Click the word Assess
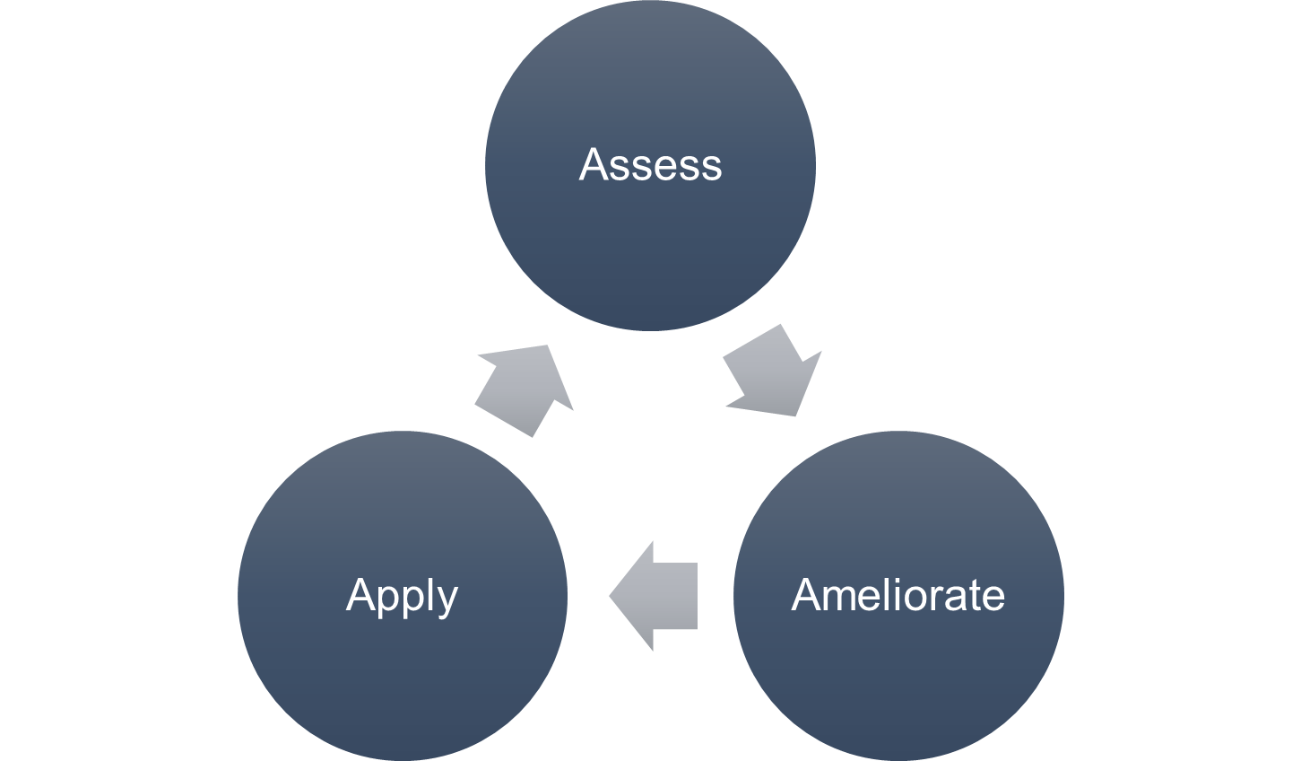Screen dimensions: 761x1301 [x=650, y=165]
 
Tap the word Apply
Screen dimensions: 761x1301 [x=402, y=596]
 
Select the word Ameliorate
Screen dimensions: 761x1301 [x=898, y=596]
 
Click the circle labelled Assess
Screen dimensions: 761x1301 [x=650, y=242]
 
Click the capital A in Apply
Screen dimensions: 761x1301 [x=360, y=595]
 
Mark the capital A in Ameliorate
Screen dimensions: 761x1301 [x=806, y=595]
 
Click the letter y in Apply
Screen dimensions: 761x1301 [x=446, y=601]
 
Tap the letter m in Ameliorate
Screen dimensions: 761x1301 [x=837, y=599]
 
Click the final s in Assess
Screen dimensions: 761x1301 [x=711, y=168]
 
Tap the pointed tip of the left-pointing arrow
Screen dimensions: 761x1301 [x=611, y=596]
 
